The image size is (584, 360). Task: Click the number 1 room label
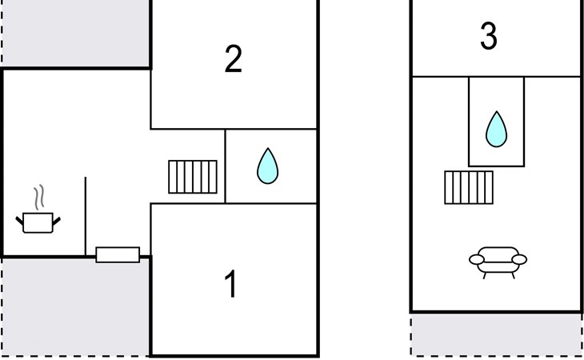point(231,284)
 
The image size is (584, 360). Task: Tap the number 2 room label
point(234,59)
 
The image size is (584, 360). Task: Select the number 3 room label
point(488,36)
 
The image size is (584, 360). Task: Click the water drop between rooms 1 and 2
point(267,166)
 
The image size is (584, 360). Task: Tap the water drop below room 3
point(496,129)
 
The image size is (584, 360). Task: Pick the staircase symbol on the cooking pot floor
point(193,177)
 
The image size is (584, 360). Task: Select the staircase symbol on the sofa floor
point(469,188)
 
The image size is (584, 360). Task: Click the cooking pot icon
point(38,222)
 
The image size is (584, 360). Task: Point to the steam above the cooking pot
point(39,197)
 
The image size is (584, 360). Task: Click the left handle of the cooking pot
point(19,221)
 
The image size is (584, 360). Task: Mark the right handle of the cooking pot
point(56,221)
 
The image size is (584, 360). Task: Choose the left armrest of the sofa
point(476,259)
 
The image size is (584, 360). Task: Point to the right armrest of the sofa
point(519,259)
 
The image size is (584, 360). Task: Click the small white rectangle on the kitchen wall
point(118,254)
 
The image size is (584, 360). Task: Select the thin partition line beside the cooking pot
point(86,216)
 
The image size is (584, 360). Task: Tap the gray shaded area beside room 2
point(76,34)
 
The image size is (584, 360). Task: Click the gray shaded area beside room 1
point(76,307)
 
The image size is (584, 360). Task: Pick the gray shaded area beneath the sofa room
point(496,334)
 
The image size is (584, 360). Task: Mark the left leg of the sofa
point(485,275)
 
